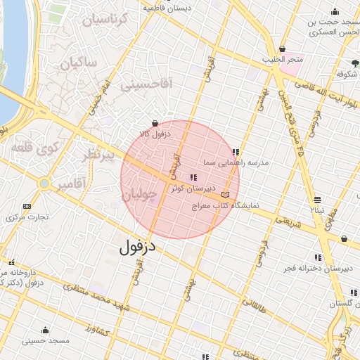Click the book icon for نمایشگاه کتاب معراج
pyautogui.click(x=225, y=195)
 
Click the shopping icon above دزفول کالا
pyautogui.click(x=155, y=124)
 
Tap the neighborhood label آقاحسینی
pyautogui.click(x=146, y=85)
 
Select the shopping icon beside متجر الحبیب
pyautogui.click(x=283, y=49)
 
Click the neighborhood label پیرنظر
pyautogui.click(x=94, y=156)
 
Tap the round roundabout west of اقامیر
pyautogui.click(x=44, y=184)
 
